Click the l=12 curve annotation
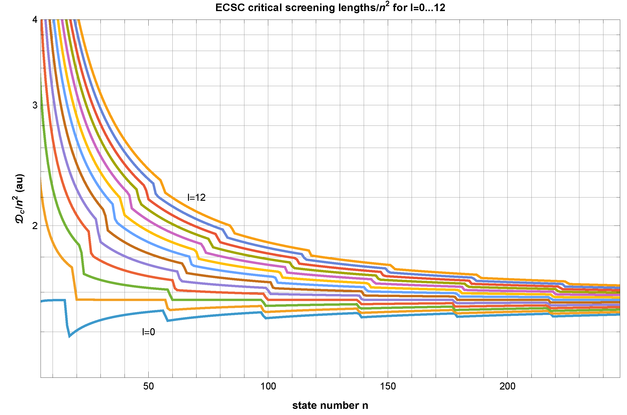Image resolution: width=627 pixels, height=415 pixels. pyautogui.click(x=196, y=197)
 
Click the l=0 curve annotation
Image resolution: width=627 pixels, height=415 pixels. pyautogui.click(x=148, y=332)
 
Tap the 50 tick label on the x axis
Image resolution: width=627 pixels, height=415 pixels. pyautogui.click(x=148, y=386)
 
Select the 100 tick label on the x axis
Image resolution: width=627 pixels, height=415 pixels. pyautogui.click(x=268, y=386)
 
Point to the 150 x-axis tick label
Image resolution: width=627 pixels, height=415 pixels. pyautogui.click(x=388, y=386)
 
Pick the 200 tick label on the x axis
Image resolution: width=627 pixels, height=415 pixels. pyautogui.click(x=507, y=386)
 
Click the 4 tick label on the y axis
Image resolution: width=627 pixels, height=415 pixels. pyautogui.click(x=35, y=20)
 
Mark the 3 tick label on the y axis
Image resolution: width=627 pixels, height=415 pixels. pyautogui.click(x=35, y=105)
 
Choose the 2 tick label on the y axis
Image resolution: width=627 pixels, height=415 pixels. pyautogui.click(x=35, y=226)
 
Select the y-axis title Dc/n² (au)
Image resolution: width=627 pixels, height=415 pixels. pyautogui.click(x=20, y=198)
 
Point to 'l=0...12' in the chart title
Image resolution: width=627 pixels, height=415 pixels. pyautogui.click(x=427, y=8)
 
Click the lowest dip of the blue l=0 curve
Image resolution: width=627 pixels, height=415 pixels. pyautogui.click(x=70, y=336)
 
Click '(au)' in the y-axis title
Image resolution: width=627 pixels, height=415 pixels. pyautogui.click(x=20, y=183)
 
